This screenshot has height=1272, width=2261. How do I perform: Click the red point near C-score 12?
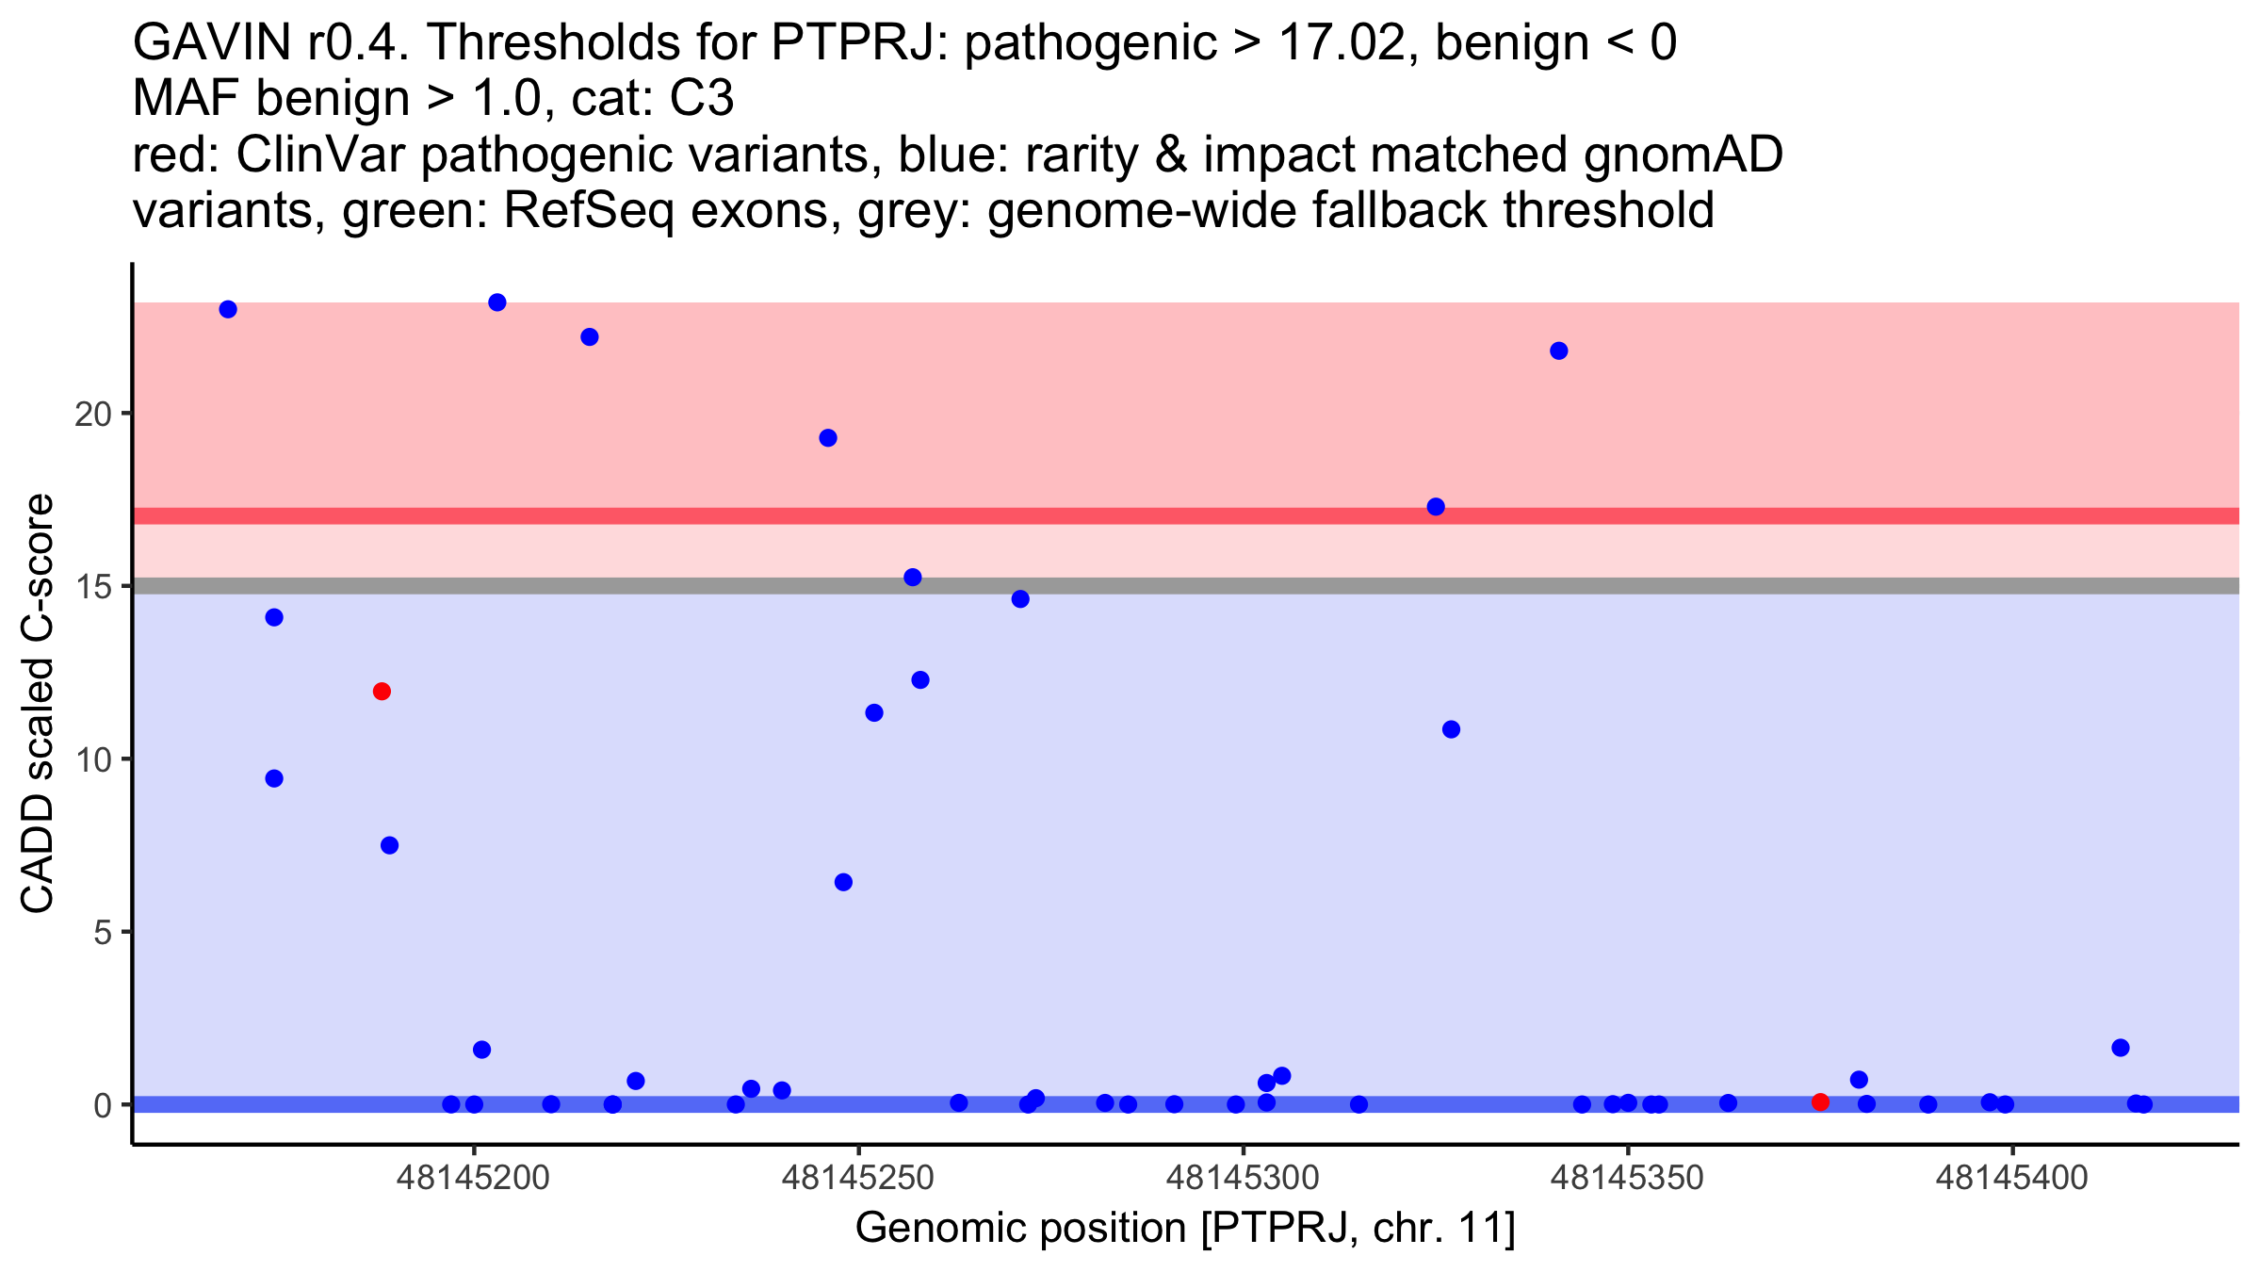coord(382,692)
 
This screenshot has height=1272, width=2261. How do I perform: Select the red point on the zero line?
coord(1820,1101)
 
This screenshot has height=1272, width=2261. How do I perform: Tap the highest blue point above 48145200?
coord(497,302)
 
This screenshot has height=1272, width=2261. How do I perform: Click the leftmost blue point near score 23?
coord(228,309)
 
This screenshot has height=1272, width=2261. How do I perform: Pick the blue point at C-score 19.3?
coord(828,438)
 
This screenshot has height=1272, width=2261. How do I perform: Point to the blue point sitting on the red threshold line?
coord(1436,507)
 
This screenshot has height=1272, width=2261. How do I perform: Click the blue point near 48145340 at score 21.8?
coord(1559,351)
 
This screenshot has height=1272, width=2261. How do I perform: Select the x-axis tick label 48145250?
coord(857,1178)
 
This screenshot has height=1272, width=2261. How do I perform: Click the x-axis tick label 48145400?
coord(2011,1178)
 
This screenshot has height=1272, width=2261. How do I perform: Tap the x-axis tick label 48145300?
coord(1243,1178)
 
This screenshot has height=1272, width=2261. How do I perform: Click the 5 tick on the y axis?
coord(102,932)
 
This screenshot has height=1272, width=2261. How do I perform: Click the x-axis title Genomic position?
coord(1184,1228)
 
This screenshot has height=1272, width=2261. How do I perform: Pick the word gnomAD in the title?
coord(1683,155)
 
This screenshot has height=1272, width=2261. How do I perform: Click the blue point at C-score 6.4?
coord(843,882)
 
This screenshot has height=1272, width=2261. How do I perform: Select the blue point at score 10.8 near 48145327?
coord(1451,729)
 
